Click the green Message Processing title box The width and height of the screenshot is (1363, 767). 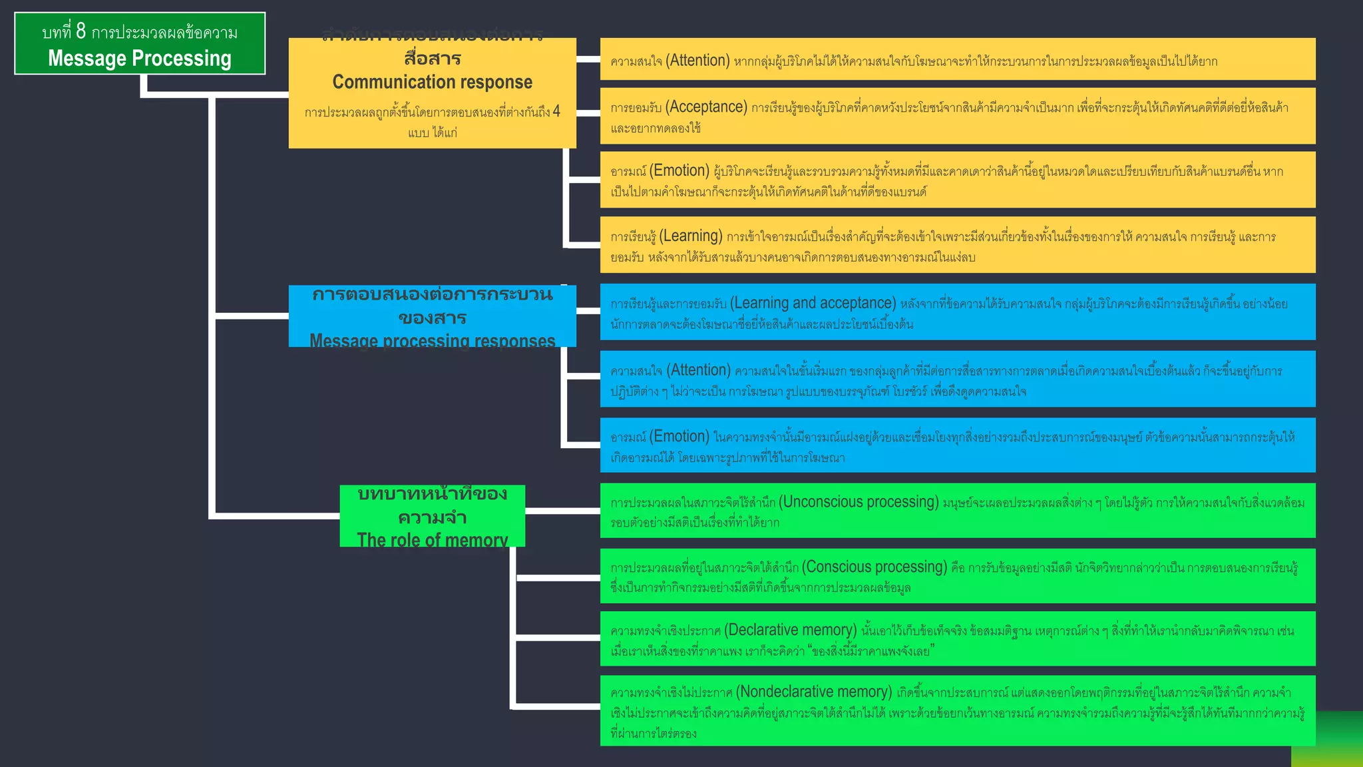tap(140, 44)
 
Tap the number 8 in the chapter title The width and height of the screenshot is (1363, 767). tap(81, 31)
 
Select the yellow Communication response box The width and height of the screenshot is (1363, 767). tap(432, 93)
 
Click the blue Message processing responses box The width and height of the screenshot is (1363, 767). tap(432, 316)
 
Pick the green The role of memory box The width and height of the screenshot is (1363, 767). tap(432, 516)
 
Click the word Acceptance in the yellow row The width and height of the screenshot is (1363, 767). tap(707, 107)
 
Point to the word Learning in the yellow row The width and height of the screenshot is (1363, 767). tap(691, 236)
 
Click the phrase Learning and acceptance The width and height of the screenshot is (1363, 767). tap(813, 304)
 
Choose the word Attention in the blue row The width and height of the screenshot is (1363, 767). tap(699, 370)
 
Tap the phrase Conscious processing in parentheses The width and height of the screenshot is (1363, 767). tap(875, 567)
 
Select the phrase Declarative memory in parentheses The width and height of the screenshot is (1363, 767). tap(791, 631)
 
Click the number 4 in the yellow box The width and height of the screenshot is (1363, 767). tap(556, 111)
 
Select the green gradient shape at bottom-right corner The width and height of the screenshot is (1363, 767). tap(1328, 740)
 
